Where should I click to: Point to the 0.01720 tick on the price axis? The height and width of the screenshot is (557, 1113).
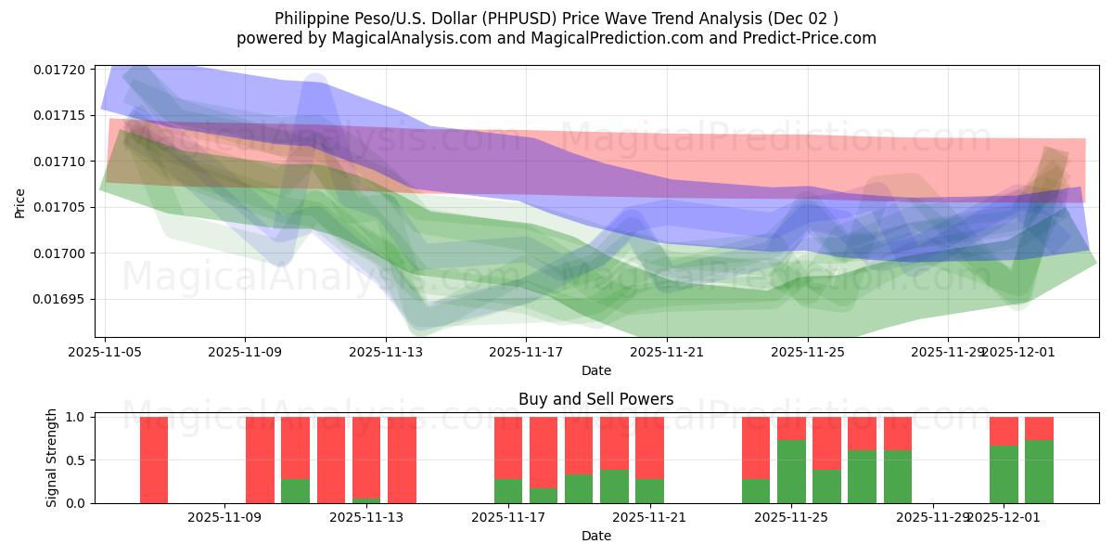pos(58,70)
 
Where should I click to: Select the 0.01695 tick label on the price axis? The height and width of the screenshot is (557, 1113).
pos(58,299)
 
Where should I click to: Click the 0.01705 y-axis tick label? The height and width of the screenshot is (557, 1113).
pos(58,207)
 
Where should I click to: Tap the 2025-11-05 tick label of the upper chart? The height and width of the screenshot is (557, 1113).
pos(105,353)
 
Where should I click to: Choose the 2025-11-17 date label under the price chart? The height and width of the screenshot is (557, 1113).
pos(526,353)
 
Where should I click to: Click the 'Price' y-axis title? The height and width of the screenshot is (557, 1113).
pos(20,201)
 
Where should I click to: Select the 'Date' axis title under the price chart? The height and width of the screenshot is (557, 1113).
pos(595,370)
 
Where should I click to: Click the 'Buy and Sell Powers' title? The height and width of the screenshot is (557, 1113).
pos(595,400)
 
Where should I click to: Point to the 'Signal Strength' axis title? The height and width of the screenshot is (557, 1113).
pos(52,458)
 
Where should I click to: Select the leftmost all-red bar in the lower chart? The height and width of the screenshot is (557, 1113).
pos(154,460)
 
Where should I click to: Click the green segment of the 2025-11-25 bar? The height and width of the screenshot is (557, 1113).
pos(791,472)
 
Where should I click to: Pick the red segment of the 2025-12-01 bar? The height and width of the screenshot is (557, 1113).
pos(1004,431)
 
